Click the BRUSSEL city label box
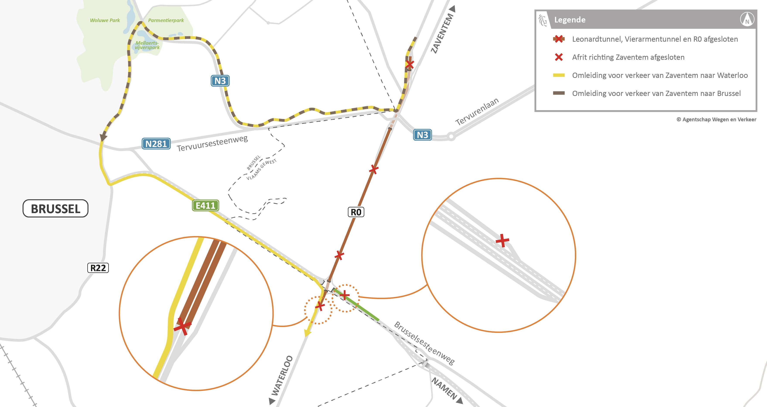(55, 209)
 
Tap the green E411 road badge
(205, 205)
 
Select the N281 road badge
(156, 144)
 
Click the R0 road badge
(356, 212)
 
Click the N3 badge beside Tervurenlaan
(422, 135)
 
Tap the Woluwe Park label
(105, 20)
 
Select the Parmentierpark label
(166, 20)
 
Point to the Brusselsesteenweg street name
(424, 343)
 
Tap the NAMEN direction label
(444, 388)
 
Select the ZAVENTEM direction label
(443, 33)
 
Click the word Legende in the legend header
(570, 20)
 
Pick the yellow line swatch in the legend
(559, 75)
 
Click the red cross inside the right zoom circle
(502, 240)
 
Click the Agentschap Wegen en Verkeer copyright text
(716, 119)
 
